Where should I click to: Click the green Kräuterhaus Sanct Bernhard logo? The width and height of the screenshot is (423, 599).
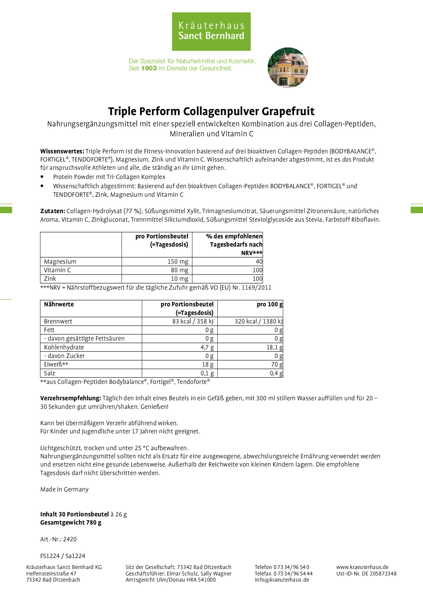pyautogui.click(x=211, y=31)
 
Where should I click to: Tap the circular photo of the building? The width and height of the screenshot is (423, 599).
pyautogui.click(x=288, y=68)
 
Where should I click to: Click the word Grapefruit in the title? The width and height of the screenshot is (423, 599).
pyautogui.click(x=288, y=111)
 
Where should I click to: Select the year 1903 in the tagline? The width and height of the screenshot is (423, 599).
pyautogui.click(x=149, y=68)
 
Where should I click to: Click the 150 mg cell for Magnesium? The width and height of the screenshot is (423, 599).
pyautogui.click(x=178, y=262)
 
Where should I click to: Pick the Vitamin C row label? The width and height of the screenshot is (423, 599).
pyautogui.click(x=57, y=270)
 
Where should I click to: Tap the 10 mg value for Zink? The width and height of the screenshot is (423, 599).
pyautogui.click(x=179, y=279)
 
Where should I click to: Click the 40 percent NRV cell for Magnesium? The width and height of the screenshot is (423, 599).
pyautogui.click(x=259, y=262)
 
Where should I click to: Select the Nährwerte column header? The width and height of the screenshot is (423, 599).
pyautogui.click(x=59, y=304)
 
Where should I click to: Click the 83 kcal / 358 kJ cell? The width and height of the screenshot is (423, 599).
pyautogui.click(x=193, y=321)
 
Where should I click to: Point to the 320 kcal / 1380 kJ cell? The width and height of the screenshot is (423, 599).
pyautogui.click(x=259, y=321)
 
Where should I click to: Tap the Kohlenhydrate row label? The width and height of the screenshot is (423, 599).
pyautogui.click(x=64, y=347)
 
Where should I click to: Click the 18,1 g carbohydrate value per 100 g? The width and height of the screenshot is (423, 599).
pyautogui.click(x=274, y=347)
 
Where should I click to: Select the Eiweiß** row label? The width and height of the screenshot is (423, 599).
pyautogui.click(x=56, y=364)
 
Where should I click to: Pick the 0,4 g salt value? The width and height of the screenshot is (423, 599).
pyautogui.click(x=276, y=373)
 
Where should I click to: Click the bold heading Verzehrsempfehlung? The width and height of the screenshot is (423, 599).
pyautogui.click(x=71, y=398)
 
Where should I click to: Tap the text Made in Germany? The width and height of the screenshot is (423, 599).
pyautogui.click(x=64, y=489)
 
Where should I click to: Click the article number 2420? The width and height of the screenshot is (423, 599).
pyautogui.click(x=70, y=539)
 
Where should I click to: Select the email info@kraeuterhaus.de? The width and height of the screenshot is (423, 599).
pyautogui.click(x=282, y=580)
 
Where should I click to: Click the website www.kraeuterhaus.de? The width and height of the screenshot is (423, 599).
pyautogui.click(x=362, y=567)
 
